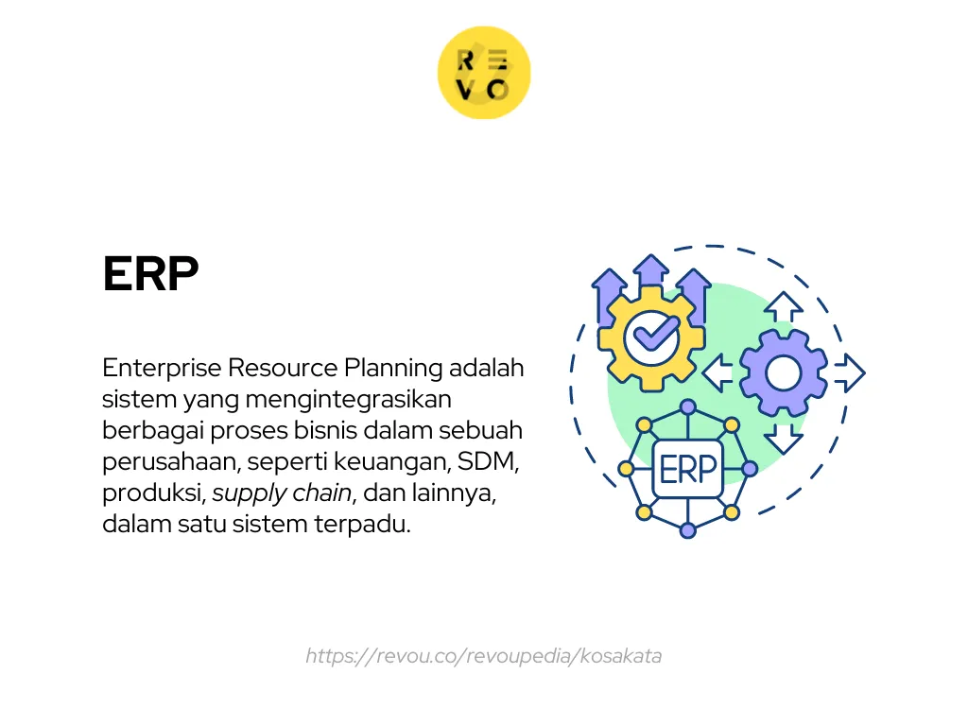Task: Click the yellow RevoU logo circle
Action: [x=484, y=73]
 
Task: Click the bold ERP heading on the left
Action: [x=150, y=274]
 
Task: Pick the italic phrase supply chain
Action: [x=282, y=493]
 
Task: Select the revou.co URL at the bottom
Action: [x=483, y=655]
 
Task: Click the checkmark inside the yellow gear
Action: [x=657, y=334]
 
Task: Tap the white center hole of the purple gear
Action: [x=783, y=373]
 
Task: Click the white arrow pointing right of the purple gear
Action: [x=848, y=373]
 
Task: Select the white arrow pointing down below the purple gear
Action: [x=783, y=438]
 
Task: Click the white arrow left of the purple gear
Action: [x=718, y=373]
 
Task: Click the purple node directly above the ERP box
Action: [x=688, y=407]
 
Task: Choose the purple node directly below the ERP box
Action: [x=688, y=530]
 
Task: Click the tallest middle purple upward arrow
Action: [x=650, y=274]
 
